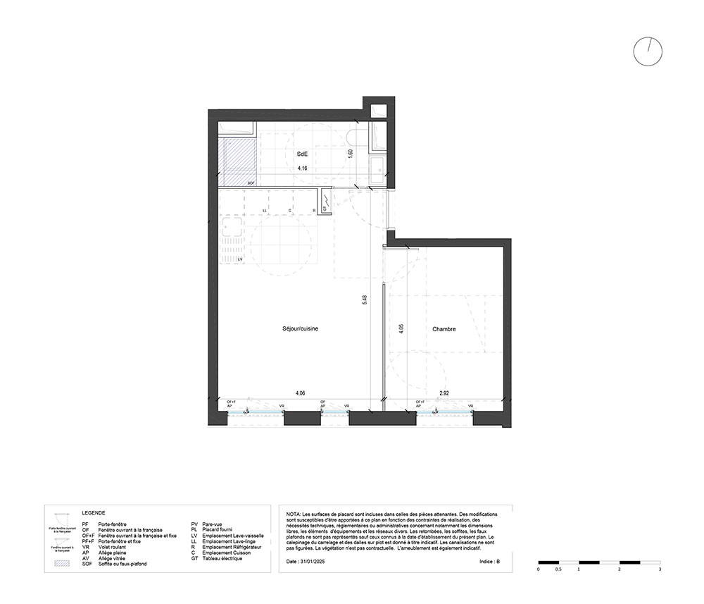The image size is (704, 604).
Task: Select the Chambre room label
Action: (x=444, y=329)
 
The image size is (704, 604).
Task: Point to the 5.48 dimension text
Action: (x=365, y=300)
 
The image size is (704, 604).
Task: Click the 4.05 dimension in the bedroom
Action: (x=401, y=329)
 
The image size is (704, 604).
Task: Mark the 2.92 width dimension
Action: (x=444, y=393)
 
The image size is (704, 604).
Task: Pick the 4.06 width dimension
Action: (x=300, y=393)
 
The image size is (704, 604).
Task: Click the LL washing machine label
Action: (x=265, y=210)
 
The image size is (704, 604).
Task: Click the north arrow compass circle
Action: (x=648, y=51)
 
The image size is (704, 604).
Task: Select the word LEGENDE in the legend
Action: (x=93, y=514)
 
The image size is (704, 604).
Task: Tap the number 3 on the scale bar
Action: (x=659, y=569)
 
